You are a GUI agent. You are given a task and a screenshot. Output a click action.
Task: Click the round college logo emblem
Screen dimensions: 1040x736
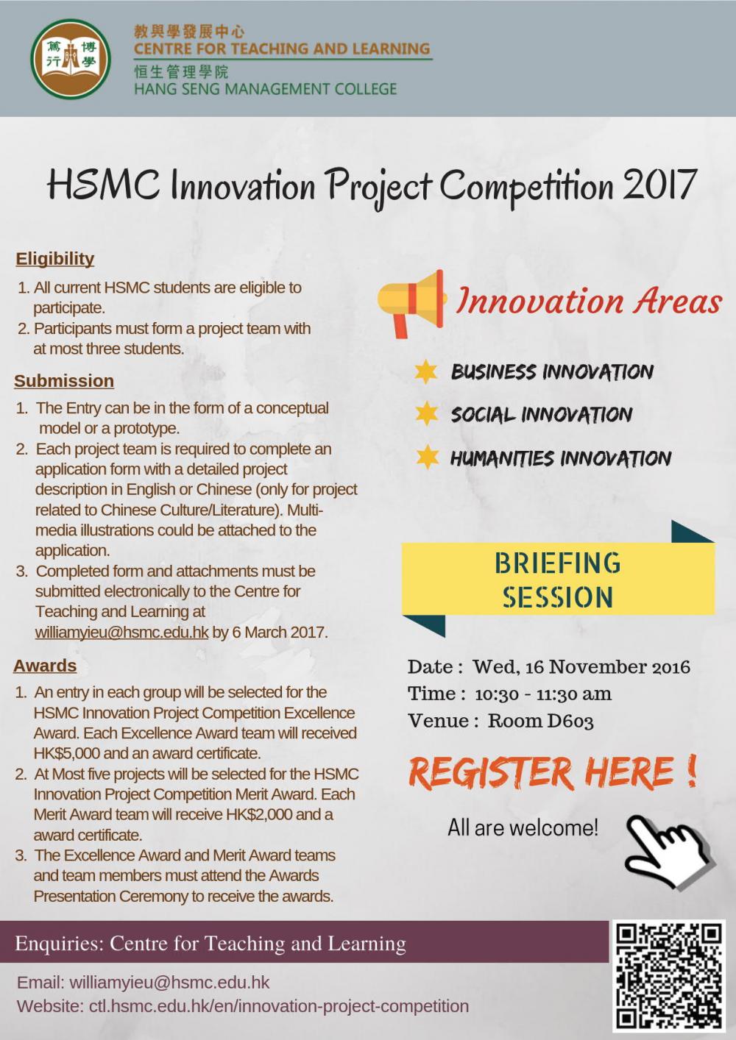click(x=71, y=59)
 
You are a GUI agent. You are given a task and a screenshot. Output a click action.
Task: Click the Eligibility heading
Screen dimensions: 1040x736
click(x=55, y=259)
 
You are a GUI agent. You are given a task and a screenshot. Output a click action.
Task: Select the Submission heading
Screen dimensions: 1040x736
click(x=64, y=381)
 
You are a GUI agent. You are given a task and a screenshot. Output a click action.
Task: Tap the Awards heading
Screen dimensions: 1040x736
click(x=45, y=666)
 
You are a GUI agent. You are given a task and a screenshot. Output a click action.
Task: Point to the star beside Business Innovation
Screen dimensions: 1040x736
click(x=426, y=371)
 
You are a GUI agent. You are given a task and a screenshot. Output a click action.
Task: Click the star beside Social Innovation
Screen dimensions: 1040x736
click(x=426, y=413)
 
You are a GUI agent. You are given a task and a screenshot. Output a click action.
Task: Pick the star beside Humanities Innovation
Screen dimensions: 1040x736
click(x=426, y=457)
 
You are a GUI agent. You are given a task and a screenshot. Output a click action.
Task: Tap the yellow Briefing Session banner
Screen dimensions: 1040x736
click(x=558, y=580)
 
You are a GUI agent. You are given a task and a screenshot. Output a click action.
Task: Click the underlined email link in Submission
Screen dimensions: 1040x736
click(x=121, y=633)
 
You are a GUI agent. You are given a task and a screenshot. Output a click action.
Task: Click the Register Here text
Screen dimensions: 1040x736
click(x=552, y=772)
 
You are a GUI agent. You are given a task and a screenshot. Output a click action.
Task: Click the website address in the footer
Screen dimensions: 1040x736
click(x=278, y=1006)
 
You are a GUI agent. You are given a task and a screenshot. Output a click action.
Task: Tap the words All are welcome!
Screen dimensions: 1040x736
click(x=523, y=828)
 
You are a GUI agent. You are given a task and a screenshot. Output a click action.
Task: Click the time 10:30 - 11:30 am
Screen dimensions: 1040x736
click(x=542, y=694)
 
